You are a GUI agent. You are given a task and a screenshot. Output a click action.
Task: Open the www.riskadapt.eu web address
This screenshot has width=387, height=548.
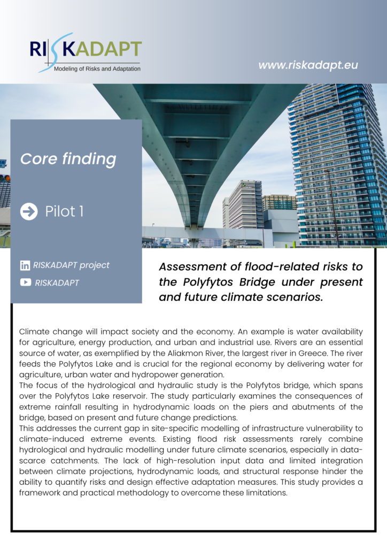(x=308, y=65)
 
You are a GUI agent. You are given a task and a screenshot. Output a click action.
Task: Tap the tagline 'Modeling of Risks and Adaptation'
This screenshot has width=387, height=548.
(x=97, y=69)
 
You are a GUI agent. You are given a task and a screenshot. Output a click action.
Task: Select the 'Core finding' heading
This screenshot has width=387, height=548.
(x=68, y=159)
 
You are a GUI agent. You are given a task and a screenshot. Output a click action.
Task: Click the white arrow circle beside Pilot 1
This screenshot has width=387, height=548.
(x=29, y=211)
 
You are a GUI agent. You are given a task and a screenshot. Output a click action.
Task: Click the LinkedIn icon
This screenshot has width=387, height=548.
(x=25, y=265)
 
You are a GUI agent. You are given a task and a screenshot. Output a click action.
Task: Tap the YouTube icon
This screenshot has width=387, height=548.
(x=25, y=283)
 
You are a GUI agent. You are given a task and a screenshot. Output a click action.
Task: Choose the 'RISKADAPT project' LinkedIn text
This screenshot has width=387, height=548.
(x=71, y=265)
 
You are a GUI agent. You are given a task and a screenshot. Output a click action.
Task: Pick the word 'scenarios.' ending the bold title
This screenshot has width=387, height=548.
(x=296, y=296)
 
